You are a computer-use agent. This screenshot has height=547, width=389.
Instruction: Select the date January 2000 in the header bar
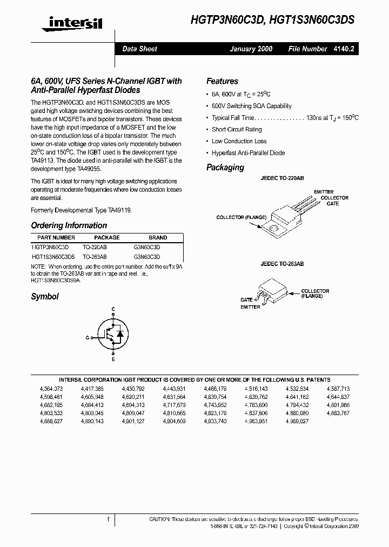pyautogui.click(x=251, y=49)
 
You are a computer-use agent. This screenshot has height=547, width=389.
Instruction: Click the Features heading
pyautogui.click(x=222, y=81)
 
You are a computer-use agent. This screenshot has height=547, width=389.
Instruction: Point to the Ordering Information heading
pyautogui.click(x=69, y=225)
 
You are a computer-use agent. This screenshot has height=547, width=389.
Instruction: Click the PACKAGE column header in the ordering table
pyautogui.click(x=107, y=238)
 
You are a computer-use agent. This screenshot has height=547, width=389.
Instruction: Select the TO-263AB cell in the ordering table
pyautogui.click(x=95, y=257)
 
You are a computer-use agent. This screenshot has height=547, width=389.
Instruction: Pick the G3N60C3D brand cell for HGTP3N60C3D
pyautogui.click(x=146, y=246)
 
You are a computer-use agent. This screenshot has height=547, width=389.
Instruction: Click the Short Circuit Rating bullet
pyautogui.click(x=237, y=130)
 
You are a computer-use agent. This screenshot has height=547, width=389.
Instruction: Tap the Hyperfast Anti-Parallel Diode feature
pyautogui.click(x=248, y=153)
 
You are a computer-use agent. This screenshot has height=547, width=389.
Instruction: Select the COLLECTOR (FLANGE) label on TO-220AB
pyautogui.click(x=241, y=217)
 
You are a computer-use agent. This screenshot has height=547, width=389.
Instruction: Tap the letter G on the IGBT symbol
pyautogui.click(x=86, y=336)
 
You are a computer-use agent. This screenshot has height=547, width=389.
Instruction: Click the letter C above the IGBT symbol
pyautogui.click(x=113, y=309)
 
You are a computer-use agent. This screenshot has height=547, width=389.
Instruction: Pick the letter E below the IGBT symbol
pyautogui.click(x=113, y=359)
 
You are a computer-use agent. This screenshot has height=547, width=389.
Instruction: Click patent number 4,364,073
pyautogui.click(x=51, y=389)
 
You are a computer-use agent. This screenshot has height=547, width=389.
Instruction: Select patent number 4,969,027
pyautogui.click(x=297, y=421)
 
